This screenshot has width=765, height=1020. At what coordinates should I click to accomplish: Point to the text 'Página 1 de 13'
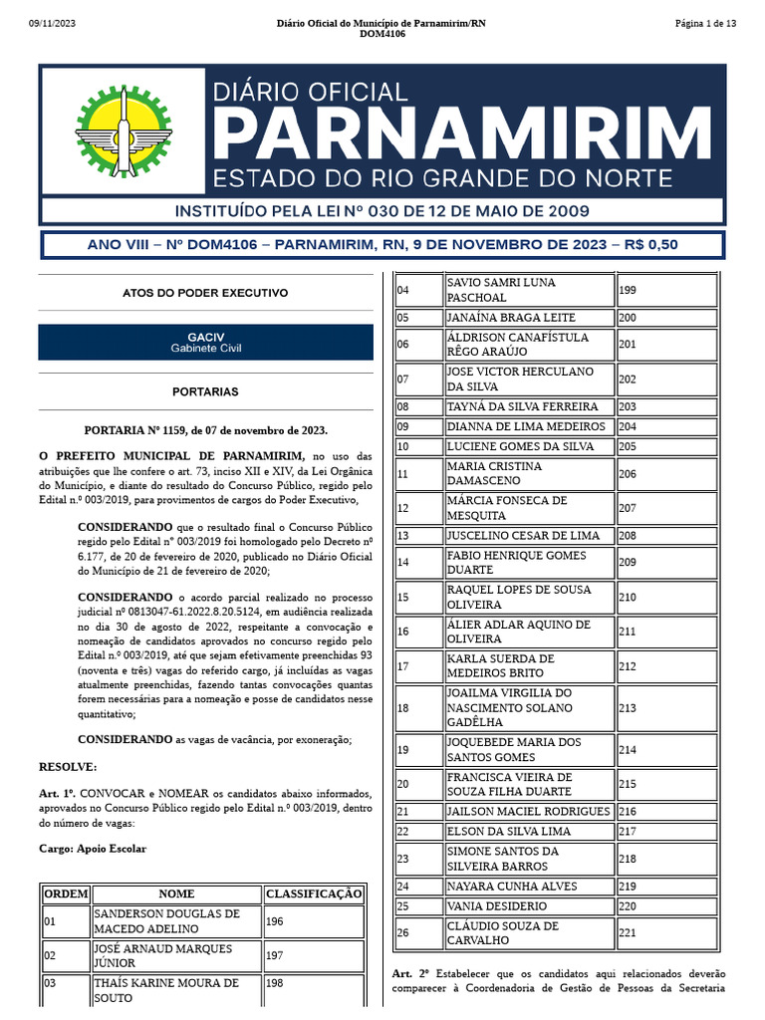coord(705,23)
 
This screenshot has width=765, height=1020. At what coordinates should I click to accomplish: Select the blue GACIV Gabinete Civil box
coord(205,342)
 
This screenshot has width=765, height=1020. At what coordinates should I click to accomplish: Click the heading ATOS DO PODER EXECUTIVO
coord(205,293)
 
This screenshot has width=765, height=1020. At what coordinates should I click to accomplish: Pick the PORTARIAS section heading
coord(205,391)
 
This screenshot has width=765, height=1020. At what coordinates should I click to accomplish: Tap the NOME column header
coord(176,893)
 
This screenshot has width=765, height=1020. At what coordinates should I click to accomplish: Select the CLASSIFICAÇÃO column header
coord(314,893)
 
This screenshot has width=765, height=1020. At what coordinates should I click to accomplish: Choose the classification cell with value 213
coord(628,707)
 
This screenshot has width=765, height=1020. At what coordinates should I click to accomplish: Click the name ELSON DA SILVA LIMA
coord(510,831)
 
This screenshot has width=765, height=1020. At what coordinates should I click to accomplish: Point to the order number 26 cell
coord(403,932)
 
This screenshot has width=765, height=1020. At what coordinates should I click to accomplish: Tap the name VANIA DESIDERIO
coord(497,906)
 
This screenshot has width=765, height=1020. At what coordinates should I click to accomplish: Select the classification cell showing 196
coord(274,921)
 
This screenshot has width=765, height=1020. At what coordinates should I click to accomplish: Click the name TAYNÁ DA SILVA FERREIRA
coord(523,406)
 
